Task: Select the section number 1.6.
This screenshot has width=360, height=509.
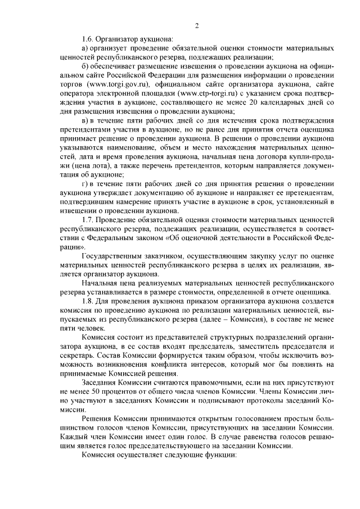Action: pos(88,39)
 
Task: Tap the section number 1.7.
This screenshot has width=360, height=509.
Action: pos(88,219)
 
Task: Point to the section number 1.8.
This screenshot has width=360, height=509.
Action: pos(88,301)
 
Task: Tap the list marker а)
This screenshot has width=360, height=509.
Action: pos(85,48)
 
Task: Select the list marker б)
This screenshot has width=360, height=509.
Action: pos(85,66)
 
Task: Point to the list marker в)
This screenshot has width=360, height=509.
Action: pos(85,120)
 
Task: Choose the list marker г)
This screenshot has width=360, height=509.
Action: pos(85,183)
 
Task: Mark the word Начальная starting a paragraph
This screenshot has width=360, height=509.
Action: pos(100,283)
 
